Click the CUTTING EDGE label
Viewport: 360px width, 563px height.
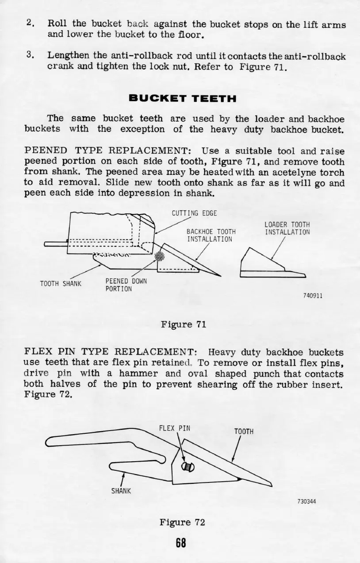(x=194, y=213)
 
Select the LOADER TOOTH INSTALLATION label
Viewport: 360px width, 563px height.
(x=287, y=228)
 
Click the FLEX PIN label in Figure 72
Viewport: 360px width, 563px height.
(x=175, y=428)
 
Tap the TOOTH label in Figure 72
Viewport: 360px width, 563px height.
(x=244, y=432)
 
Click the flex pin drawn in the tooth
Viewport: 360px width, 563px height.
(x=188, y=467)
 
